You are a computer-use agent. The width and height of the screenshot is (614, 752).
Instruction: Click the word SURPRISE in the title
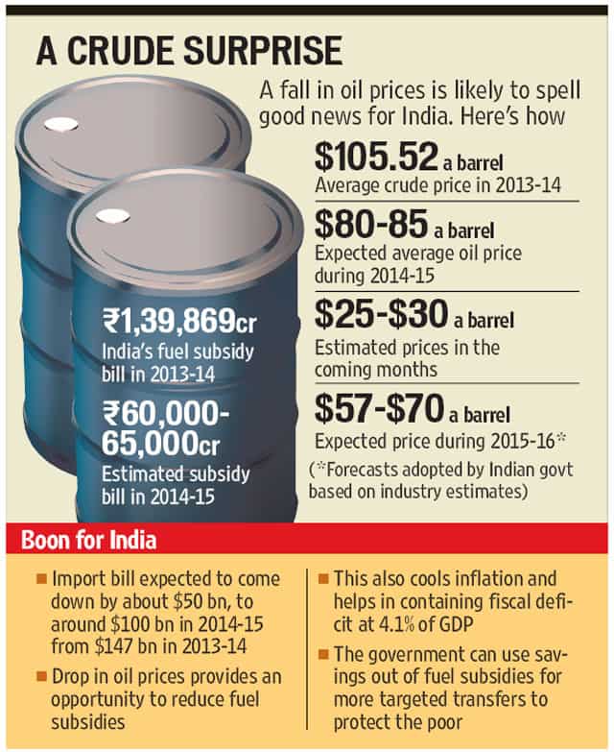pos(263,50)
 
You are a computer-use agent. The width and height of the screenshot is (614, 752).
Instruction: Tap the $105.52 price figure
pos(376,156)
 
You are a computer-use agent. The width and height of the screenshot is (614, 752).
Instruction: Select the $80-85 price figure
pos(371,224)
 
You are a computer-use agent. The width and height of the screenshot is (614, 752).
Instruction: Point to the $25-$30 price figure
pos(381,314)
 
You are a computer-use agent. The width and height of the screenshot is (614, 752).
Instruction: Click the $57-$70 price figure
pos(379,407)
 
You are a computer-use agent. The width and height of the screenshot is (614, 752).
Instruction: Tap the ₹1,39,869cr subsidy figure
pos(179,321)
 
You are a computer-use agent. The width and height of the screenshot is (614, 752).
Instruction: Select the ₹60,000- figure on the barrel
pos(166,413)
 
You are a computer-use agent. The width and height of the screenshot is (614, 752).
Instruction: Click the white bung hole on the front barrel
pos(112,217)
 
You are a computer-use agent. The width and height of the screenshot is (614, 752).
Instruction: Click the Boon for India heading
pos(89,540)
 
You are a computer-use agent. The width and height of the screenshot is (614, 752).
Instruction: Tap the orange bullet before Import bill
pos(41,579)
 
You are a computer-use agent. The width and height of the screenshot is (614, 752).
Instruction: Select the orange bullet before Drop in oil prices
pos(41,677)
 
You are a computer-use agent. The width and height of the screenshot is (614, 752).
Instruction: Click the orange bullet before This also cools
pos(323,579)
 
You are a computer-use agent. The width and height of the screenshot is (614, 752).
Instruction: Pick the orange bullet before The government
pos(323,654)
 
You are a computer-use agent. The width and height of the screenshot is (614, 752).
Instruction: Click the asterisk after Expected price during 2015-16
pos(561,437)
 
